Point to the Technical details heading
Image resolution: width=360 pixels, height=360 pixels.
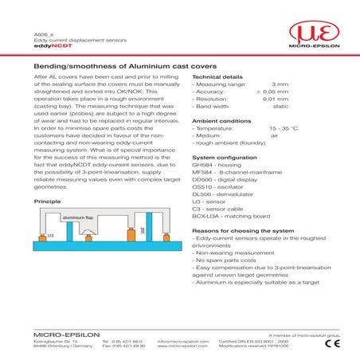pyautogui.click(x=217, y=77)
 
